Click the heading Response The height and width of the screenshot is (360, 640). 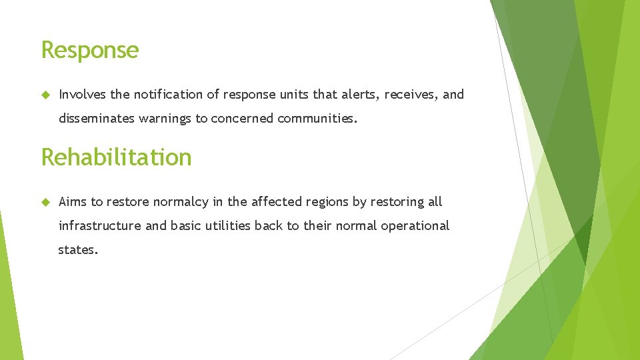point(90,51)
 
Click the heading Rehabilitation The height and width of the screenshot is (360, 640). point(116,157)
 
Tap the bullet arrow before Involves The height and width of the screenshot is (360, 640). point(45,95)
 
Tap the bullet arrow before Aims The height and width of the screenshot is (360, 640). point(45,202)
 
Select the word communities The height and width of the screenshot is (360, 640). point(317,119)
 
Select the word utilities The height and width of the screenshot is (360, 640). point(227,226)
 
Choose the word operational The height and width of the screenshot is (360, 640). point(415,226)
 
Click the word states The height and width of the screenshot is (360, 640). point(78,251)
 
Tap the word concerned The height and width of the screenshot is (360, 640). point(243,119)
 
